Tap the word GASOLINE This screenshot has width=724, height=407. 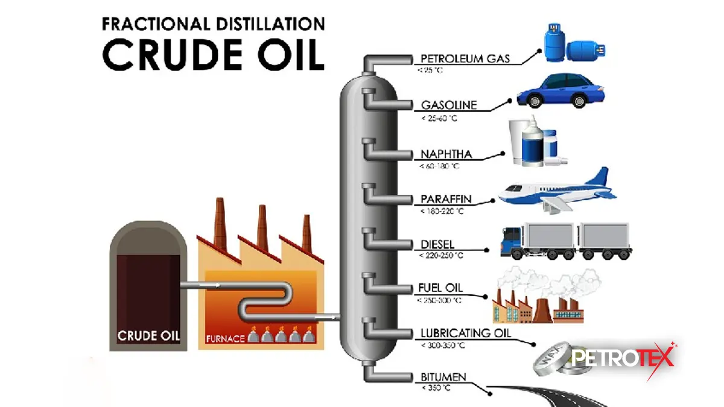(449, 105)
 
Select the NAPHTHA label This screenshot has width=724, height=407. (446, 155)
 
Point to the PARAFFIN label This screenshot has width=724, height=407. (446, 199)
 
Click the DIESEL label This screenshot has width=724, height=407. (437, 245)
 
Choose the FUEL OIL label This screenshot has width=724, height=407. (441, 288)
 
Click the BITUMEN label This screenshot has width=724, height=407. (443, 378)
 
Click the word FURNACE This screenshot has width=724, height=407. (225, 339)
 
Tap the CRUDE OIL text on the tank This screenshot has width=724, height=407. (148, 335)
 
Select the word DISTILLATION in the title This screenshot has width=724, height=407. (260, 25)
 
